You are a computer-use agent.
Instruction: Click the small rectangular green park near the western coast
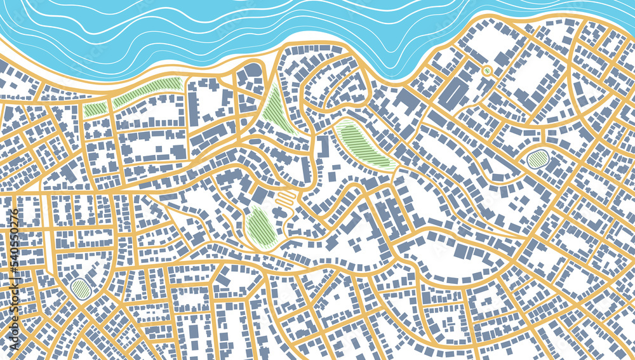[95, 109]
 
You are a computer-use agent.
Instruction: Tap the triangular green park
[276, 109]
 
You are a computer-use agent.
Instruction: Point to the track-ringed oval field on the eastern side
[538, 159]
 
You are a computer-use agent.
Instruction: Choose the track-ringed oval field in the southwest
[81, 289]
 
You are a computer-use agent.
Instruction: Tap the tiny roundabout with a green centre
[487, 70]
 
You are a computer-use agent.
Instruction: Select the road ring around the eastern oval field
[538, 148]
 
